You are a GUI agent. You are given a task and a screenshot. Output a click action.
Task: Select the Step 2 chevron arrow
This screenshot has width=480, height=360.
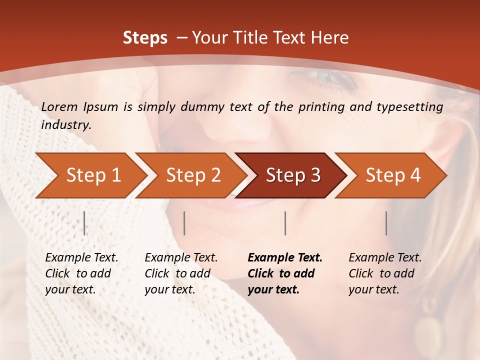point(193,175)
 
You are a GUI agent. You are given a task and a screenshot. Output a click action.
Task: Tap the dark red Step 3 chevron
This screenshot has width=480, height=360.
point(293,175)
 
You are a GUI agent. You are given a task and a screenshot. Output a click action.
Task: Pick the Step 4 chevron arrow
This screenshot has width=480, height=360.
point(393,175)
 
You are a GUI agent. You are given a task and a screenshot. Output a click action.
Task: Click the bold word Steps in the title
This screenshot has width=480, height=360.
point(145,37)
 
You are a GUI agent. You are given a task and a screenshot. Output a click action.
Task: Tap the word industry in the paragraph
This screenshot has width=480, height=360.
point(66,125)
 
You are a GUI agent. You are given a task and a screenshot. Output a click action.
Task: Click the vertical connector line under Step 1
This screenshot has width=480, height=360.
point(84,223)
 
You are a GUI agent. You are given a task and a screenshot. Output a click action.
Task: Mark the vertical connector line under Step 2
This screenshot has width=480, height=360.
point(184,223)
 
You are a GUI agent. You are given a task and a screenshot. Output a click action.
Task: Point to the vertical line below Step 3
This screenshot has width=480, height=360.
point(285,223)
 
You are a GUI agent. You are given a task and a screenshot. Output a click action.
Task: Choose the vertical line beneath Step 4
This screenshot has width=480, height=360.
point(386,223)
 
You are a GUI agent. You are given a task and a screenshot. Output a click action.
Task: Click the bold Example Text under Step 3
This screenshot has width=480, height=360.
point(285,257)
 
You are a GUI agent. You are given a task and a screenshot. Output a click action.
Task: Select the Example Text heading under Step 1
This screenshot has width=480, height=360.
point(81,257)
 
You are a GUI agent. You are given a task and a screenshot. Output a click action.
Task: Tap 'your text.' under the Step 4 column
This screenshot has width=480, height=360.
point(373,289)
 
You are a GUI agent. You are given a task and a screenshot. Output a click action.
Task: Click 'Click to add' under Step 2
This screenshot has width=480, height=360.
point(177,273)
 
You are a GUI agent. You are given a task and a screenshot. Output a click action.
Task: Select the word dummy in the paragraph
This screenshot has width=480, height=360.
point(203,106)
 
